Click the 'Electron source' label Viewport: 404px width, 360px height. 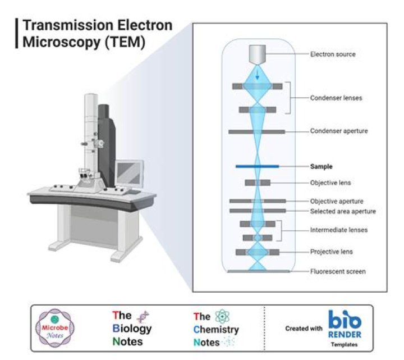(333, 54)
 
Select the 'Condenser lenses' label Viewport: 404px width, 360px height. (336, 98)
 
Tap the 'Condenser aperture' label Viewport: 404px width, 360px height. (339, 131)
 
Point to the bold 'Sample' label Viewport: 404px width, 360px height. (322, 167)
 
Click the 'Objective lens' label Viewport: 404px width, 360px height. (330, 183)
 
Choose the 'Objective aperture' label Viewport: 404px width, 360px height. (337, 201)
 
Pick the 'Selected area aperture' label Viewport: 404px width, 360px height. (343, 211)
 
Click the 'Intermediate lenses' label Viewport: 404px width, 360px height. (339, 230)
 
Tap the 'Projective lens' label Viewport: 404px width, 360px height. (331, 252)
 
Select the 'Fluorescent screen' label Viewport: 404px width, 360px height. (338, 272)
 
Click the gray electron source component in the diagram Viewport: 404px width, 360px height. (258, 54)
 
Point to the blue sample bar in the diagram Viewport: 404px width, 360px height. (257, 166)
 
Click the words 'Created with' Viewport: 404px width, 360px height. (304, 329)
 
